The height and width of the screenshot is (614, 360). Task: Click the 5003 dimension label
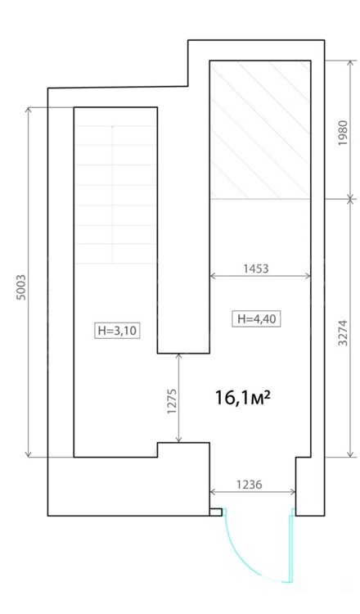pos(22,287)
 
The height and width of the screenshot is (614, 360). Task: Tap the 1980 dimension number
pos(343,133)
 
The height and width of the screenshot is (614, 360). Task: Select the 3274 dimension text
pos(343,333)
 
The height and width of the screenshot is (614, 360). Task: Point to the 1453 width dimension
pos(256,269)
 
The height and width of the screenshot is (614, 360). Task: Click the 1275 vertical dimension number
pos(172,401)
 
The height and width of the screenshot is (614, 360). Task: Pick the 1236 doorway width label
pos(249,485)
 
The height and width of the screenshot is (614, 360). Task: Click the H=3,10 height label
pos(117,331)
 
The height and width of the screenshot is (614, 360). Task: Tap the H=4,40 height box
pos(257,318)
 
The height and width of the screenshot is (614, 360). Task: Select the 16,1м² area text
pos(243,398)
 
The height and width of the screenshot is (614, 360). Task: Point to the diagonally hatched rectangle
pos(261,129)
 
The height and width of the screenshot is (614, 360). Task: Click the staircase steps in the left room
pos(116,195)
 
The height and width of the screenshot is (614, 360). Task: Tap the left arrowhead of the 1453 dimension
pos(214,276)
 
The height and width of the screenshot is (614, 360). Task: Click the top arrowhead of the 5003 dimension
pos(28,111)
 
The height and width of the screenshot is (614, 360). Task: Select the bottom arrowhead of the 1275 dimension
pos(179,440)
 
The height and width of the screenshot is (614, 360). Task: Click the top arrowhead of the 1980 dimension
pos(350,64)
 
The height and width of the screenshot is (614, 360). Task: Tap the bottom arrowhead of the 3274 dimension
pos(350,454)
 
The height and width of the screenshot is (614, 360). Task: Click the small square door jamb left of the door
pos(216,512)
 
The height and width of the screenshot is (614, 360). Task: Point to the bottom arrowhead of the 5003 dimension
pos(28,454)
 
